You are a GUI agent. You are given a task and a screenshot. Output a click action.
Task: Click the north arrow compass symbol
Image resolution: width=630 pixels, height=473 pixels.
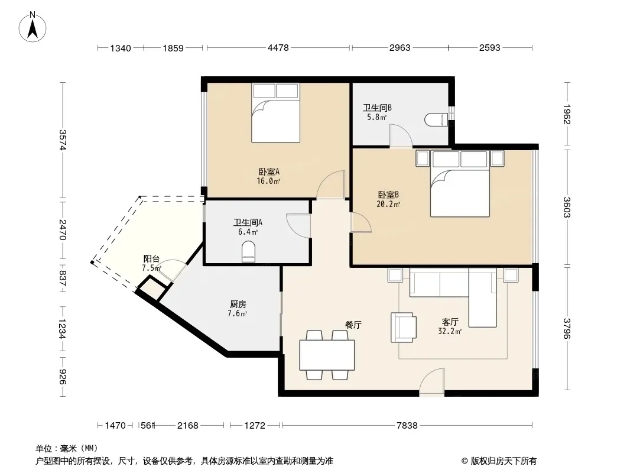point(33,27)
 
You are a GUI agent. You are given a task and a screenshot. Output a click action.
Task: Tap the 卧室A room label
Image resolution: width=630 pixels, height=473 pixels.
point(268,172)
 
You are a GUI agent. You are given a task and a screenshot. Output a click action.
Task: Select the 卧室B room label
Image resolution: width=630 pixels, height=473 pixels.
point(388,195)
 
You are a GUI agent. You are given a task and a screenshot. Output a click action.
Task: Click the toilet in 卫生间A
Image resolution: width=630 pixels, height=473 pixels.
point(249,251)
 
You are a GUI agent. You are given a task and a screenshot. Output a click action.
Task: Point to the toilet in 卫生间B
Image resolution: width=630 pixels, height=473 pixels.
point(436,119)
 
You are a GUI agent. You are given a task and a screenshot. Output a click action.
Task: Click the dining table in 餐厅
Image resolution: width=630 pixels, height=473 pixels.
point(327,355)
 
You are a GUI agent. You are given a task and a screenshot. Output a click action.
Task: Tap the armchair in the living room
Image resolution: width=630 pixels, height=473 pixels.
point(404,328)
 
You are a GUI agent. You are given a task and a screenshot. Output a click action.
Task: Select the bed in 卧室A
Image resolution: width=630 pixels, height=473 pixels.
point(275,113)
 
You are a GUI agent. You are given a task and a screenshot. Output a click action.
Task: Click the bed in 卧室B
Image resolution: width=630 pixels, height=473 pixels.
point(460,184)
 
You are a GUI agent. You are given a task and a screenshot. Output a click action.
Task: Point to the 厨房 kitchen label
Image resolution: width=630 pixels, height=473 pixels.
point(238,304)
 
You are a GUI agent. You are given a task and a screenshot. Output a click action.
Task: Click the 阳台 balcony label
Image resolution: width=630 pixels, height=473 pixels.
point(151,259)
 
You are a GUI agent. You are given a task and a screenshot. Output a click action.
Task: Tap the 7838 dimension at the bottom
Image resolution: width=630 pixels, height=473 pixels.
point(407,425)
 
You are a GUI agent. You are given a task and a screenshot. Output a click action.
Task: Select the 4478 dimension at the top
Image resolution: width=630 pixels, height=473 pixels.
point(278,48)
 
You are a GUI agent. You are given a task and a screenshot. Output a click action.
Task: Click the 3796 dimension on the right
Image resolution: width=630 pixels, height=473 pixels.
point(567,328)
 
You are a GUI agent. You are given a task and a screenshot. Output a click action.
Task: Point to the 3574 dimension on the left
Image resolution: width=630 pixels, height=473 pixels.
point(63,140)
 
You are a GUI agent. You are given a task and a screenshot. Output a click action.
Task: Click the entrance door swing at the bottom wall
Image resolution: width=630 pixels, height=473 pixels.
point(432,382)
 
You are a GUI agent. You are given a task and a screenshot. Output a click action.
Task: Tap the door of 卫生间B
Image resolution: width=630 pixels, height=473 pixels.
point(401,136)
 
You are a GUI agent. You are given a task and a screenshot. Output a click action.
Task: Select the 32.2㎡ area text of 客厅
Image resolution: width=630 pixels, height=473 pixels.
point(450,331)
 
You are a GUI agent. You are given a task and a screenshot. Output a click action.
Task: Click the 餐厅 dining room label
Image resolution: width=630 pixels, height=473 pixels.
point(353,325)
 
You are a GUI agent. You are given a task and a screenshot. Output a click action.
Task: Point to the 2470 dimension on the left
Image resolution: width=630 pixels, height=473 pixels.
point(63,229)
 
